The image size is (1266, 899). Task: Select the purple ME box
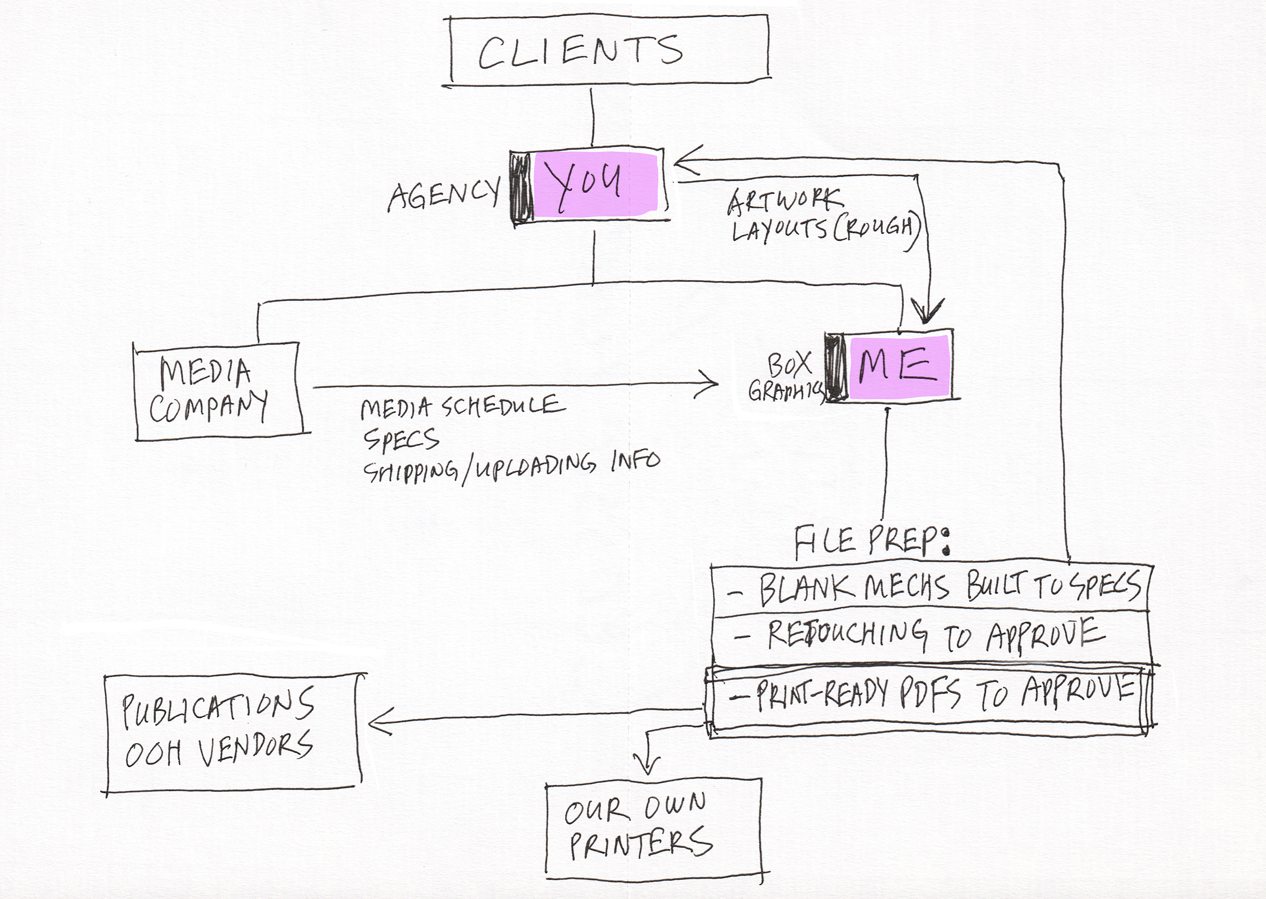(x=899, y=366)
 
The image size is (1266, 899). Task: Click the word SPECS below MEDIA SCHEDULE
(x=401, y=439)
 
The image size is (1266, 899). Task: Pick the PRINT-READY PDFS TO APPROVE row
(x=930, y=695)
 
